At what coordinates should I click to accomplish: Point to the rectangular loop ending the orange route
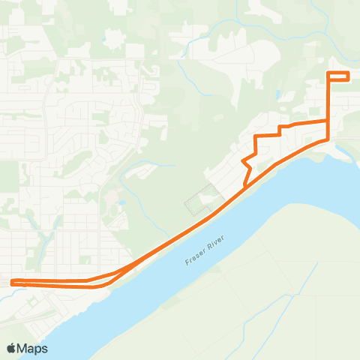point(338,76)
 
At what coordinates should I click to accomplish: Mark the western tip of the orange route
point(12,283)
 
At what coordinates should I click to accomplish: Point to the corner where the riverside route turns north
point(328,139)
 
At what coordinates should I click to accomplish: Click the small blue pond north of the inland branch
point(277,94)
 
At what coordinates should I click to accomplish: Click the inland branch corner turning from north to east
point(256,136)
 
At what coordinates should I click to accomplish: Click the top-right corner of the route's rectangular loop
point(349,72)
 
